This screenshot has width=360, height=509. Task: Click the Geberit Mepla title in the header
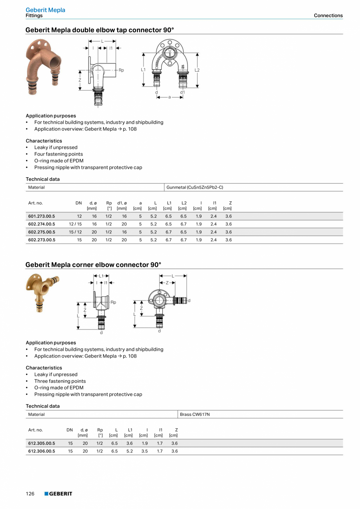click(45, 10)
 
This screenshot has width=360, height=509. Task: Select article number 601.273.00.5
click(41, 216)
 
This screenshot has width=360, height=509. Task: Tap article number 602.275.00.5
click(41, 232)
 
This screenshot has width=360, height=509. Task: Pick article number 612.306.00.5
click(41, 451)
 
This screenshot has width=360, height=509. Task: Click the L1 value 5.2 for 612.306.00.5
click(129, 451)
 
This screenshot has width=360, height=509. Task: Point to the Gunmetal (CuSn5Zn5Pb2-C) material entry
click(194, 187)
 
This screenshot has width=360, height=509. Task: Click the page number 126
click(30, 494)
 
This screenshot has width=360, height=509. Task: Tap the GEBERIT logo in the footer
click(58, 494)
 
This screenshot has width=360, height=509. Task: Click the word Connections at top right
click(328, 16)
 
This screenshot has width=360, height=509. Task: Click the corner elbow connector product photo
click(42, 292)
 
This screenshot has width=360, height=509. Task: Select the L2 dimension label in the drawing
click(197, 70)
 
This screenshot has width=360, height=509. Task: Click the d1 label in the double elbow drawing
click(182, 92)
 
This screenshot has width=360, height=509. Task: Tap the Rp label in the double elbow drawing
click(121, 70)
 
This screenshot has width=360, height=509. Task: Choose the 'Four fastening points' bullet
click(58, 154)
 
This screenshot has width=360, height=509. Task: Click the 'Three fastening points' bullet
click(60, 381)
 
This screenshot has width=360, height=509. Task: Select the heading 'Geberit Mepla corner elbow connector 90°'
click(93, 265)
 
